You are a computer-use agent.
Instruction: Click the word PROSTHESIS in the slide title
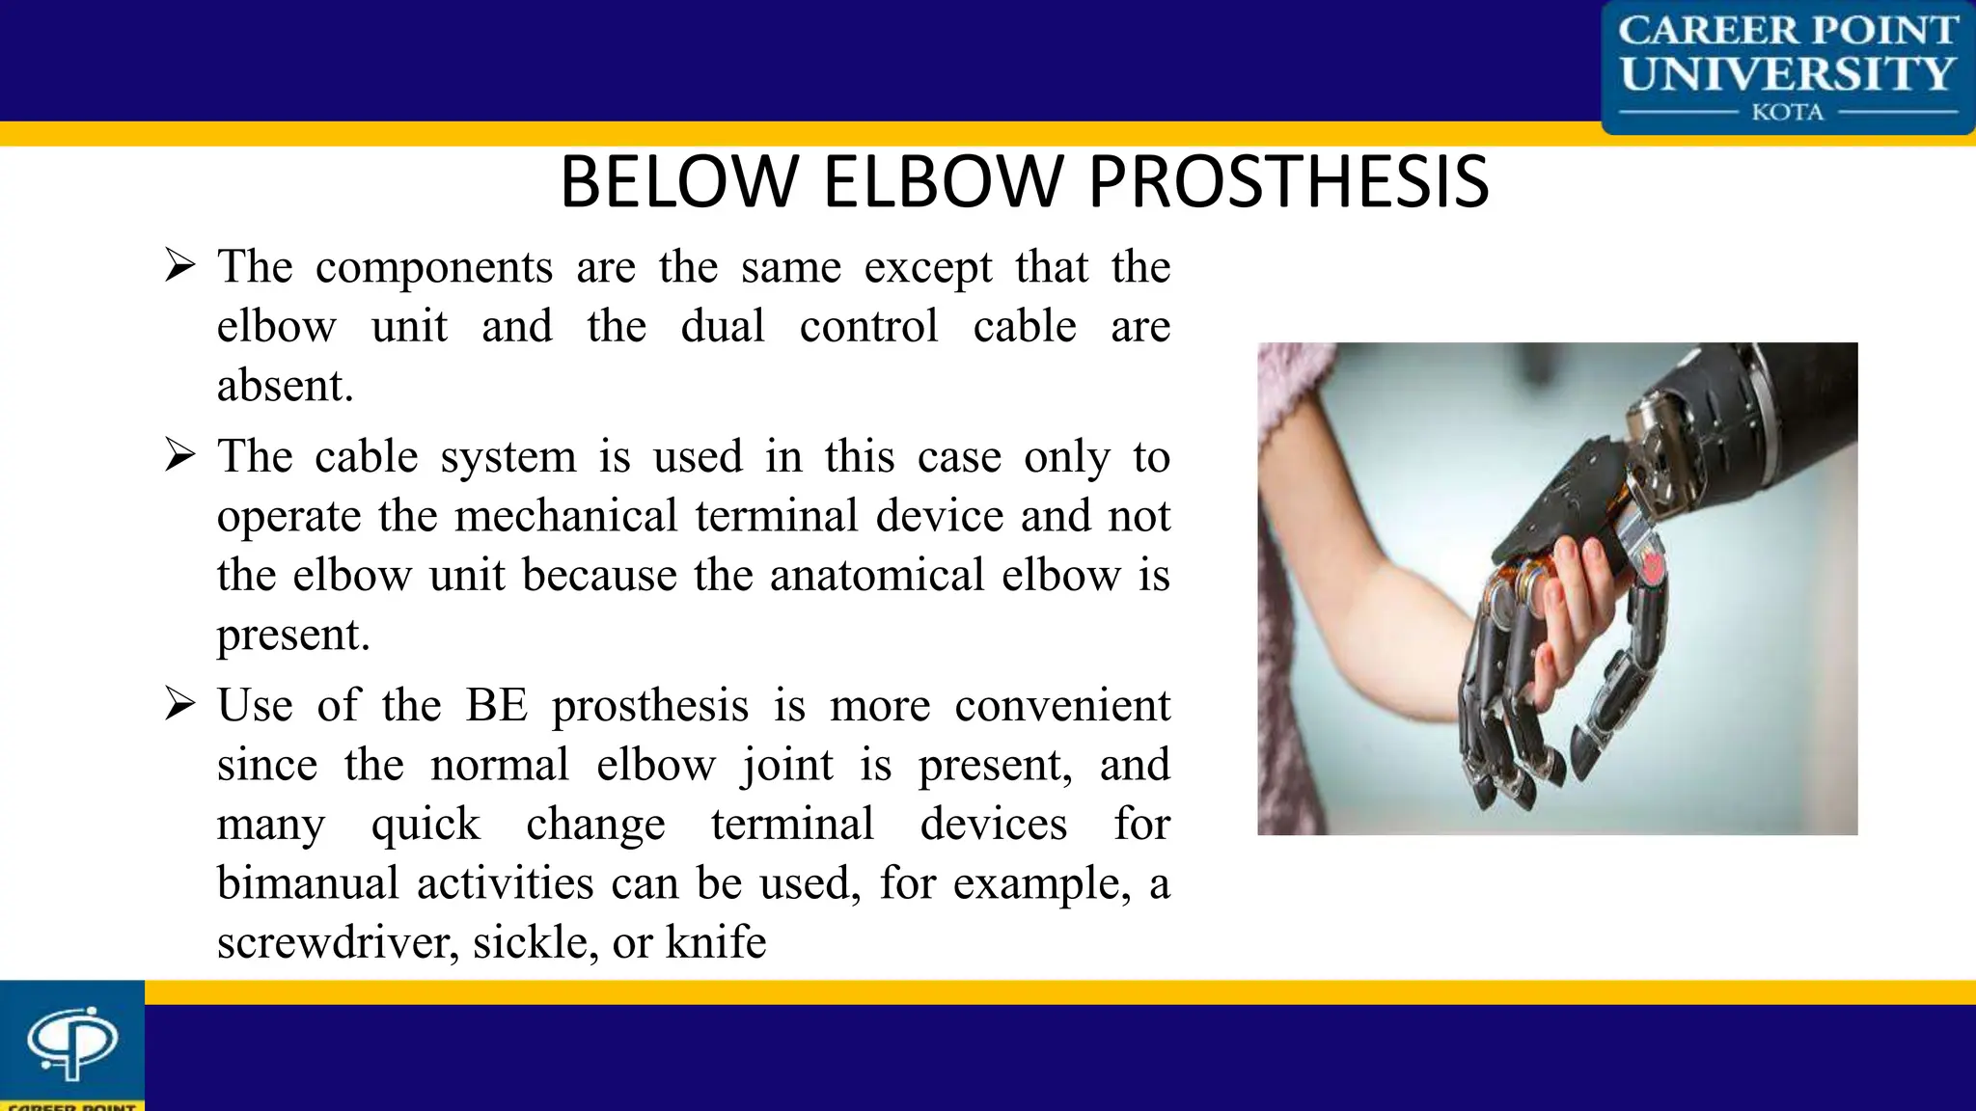pos(1289,182)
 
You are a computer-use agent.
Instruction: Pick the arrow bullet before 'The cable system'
pos(179,454)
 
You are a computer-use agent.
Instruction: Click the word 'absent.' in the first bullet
pos(285,386)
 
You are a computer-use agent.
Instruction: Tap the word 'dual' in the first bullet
pos(722,326)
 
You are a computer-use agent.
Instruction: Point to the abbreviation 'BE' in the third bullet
pos(497,705)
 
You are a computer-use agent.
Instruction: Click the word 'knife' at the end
pos(715,942)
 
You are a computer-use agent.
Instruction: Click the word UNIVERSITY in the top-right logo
pos(1787,73)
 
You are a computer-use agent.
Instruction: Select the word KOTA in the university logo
pos(1787,113)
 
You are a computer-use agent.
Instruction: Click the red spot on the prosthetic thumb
pos(1653,567)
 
